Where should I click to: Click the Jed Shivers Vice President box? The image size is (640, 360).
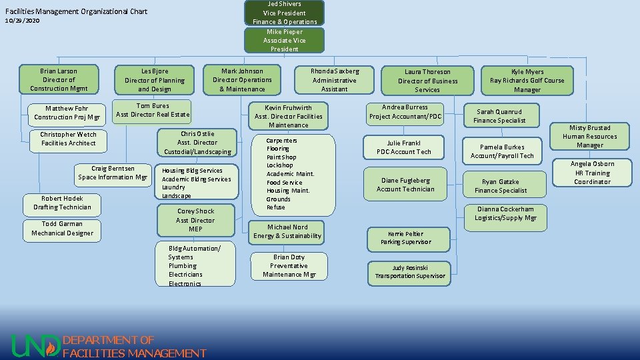point(285,13)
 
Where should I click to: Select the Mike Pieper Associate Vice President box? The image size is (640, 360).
point(285,40)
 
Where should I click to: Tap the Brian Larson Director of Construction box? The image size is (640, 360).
point(59,79)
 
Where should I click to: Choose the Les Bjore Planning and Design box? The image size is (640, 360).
point(155,80)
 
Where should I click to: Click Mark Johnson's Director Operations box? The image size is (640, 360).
point(242,80)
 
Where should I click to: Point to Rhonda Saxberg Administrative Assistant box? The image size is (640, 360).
point(335,80)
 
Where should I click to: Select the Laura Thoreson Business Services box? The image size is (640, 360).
point(427,81)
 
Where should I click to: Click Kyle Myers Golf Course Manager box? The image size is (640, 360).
point(527,81)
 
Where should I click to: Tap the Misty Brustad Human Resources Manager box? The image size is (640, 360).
point(589,136)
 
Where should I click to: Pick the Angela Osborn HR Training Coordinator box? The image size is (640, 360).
point(592,173)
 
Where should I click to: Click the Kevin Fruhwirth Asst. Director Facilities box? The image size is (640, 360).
point(288,116)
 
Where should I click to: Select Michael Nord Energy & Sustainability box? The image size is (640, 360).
point(287,231)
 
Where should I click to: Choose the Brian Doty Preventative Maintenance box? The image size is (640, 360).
point(289,265)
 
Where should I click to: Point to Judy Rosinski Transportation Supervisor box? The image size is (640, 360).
point(409,272)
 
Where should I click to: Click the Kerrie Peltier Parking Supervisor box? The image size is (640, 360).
point(406,238)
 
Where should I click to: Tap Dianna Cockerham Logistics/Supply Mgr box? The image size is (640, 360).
point(505,213)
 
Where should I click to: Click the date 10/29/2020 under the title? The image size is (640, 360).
point(22,21)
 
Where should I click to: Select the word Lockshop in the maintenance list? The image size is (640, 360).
point(279,165)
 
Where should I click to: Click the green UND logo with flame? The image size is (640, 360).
point(35,345)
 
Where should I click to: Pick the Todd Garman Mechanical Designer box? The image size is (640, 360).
point(62,229)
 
